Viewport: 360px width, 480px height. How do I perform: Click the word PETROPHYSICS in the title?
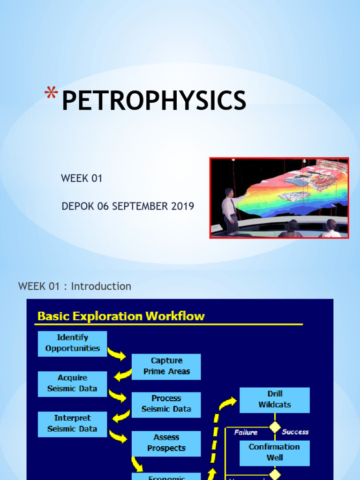(154, 101)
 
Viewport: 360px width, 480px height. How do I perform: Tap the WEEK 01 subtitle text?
(82, 179)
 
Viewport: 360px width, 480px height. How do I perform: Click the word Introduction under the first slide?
(101, 286)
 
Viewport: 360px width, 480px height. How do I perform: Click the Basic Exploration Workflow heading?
(121, 316)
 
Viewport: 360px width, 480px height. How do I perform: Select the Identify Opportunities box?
(72, 343)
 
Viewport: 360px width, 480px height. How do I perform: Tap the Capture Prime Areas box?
(166, 366)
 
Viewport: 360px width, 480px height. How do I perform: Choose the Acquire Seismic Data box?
(72, 383)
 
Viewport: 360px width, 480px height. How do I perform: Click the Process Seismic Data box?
(166, 404)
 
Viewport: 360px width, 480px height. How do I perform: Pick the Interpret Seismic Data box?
(72, 424)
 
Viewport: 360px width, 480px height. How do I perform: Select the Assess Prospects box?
(166, 443)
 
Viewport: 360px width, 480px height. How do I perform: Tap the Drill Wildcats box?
(275, 399)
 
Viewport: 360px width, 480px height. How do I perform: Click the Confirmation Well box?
(275, 452)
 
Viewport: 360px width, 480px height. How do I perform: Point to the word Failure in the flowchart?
(246, 433)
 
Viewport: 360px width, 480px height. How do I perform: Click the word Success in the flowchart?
(295, 432)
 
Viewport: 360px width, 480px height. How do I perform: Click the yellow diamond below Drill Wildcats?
(275, 427)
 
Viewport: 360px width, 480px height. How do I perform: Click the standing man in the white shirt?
(230, 211)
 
